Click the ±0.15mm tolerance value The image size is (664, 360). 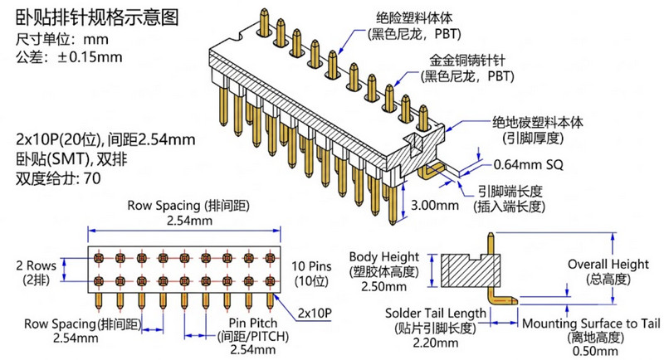90,56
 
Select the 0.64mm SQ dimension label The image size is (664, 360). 529,164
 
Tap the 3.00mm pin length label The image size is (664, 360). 435,206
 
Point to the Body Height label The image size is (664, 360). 384,257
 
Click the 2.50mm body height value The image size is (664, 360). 384,286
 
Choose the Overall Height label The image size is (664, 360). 608,265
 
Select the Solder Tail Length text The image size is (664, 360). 435,314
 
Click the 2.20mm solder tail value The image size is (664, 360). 435,343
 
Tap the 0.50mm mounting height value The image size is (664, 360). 595,351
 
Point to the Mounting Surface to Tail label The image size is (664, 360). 591,324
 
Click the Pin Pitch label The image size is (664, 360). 253,324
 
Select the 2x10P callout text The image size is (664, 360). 315,313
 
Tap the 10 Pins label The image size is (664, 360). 311,266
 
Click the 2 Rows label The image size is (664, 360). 36,265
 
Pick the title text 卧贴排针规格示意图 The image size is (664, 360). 97,17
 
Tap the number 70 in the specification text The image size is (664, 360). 92,178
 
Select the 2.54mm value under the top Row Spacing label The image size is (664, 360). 189,221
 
